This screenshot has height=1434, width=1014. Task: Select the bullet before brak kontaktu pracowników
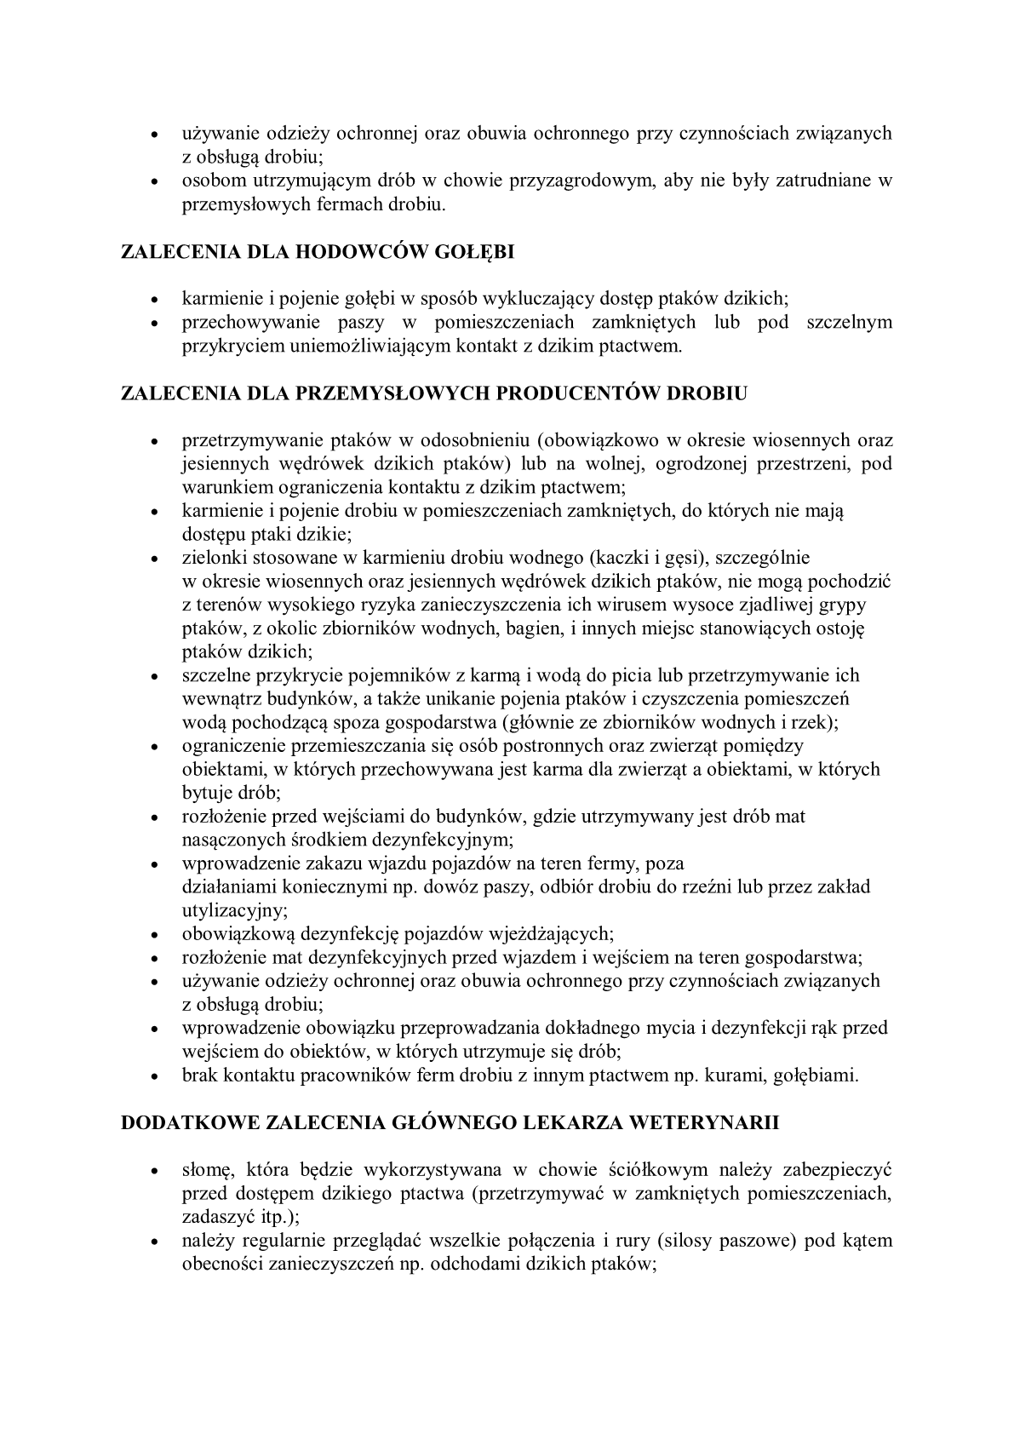[x=154, y=1076]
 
